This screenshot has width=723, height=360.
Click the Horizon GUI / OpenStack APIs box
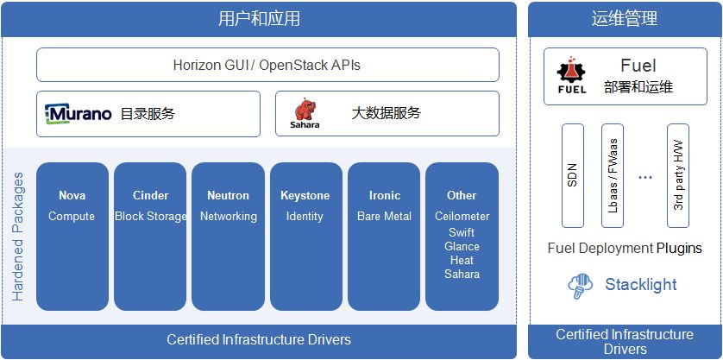click(267, 65)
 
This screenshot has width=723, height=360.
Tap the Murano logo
click(79, 114)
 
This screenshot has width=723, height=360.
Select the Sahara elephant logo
click(304, 113)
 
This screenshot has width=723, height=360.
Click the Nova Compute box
click(72, 236)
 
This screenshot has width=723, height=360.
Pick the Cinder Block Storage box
click(150, 236)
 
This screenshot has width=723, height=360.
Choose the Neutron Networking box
click(228, 236)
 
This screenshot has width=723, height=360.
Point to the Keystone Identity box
click(305, 236)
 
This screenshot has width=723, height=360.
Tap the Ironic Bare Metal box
click(384, 236)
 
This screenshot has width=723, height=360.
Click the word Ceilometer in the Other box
click(462, 217)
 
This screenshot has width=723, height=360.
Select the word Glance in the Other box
click(462, 247)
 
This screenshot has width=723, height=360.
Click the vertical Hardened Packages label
click(18, 236)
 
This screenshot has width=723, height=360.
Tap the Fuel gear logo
click(571, 75)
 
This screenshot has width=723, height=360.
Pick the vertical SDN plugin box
click(573, 175)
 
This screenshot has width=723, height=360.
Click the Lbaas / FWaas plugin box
click(612, 175)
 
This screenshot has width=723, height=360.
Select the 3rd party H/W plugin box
click(678, 175)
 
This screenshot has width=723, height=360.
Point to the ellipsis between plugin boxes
click(644, 177)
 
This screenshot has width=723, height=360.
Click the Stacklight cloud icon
click(581, 286)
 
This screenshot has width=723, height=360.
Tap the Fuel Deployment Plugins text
click(625, 249)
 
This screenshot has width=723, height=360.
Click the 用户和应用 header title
click(260, 19)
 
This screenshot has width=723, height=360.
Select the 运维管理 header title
click(625, 19)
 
